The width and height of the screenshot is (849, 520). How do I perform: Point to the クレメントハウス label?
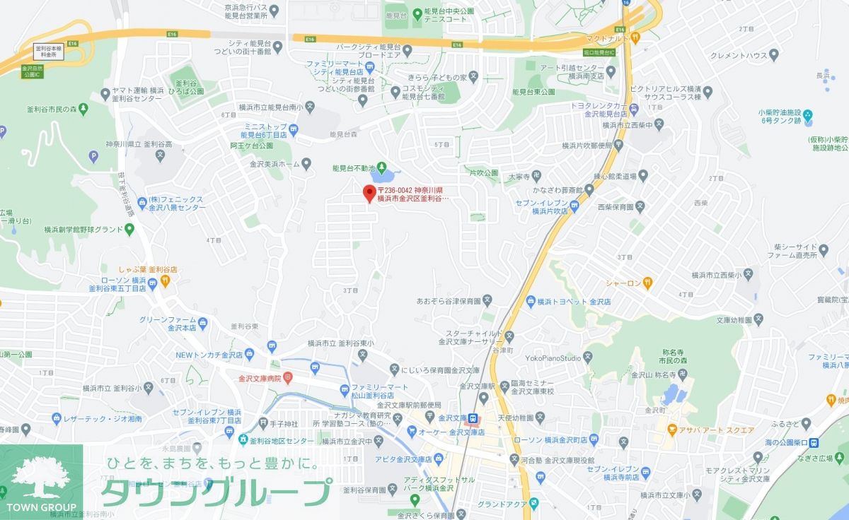click(x=735, y=54)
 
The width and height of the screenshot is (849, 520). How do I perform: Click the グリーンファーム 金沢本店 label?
click(x=167, y=324)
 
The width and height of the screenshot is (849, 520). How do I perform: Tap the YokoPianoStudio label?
click(x=548, y=357)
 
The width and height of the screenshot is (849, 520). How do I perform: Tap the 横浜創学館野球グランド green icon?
click(x=129, y=229)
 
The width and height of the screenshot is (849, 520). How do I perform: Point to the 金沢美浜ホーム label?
click(x=270, y=163)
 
